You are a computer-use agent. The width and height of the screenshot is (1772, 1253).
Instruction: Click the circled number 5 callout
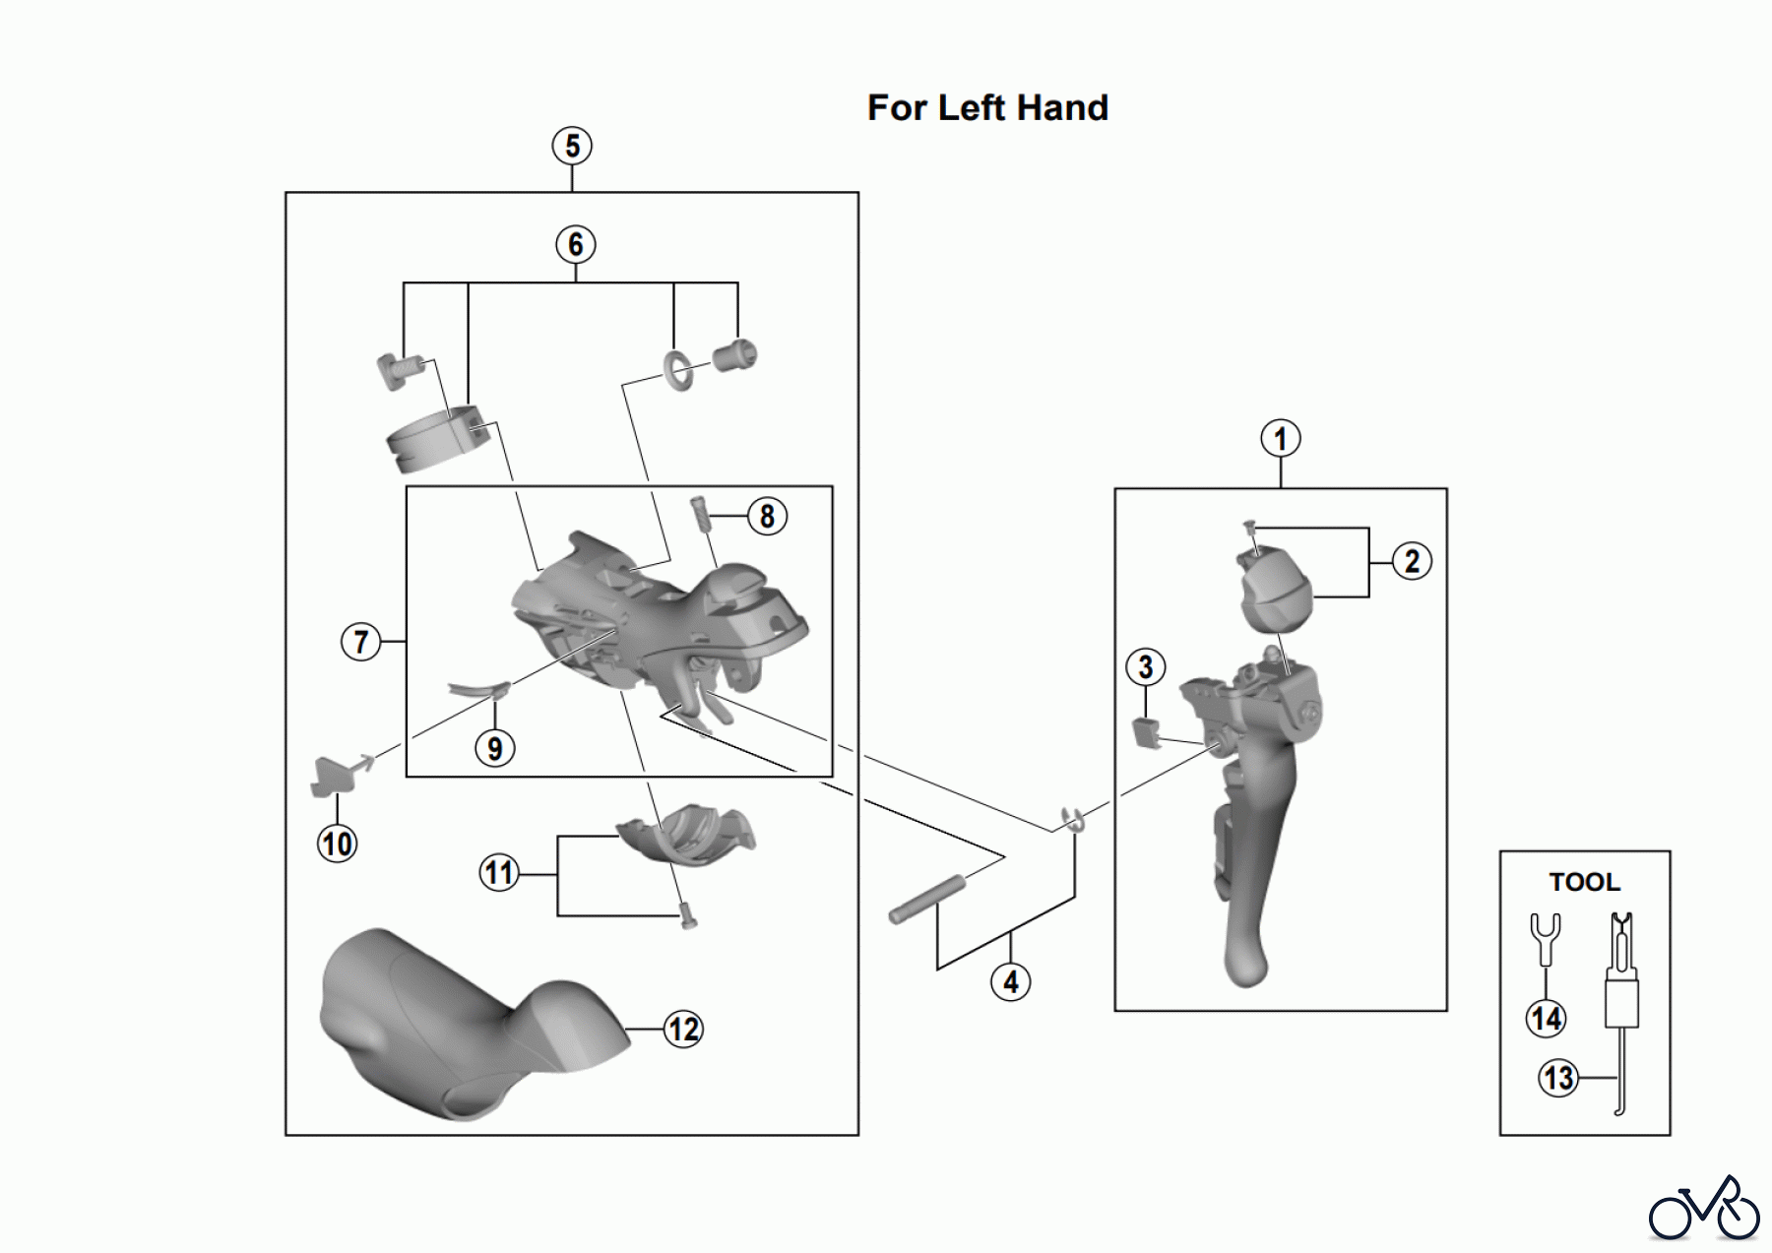[572, 147]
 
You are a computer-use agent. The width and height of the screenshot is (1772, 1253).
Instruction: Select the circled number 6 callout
[576, 244]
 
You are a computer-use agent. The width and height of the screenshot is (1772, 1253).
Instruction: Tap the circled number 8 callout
[767, 516]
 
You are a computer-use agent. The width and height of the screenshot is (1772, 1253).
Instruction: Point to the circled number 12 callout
[683, 1030]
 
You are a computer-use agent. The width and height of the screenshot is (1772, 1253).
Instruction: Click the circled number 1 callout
[1280, 439]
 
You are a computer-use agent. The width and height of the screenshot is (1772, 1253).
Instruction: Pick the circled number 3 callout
[1145, 667]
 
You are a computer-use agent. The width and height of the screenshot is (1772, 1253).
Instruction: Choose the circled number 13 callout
[1558, 1078]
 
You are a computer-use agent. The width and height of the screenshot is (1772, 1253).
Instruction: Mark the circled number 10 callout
[337, 844]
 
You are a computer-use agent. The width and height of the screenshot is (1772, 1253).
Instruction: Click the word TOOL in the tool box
[1584, 882]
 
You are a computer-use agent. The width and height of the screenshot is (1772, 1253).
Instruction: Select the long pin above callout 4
[931, 900]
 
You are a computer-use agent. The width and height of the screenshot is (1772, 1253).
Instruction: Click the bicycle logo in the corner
[1703, 1208]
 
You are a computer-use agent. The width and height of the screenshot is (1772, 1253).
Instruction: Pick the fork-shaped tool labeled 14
[1545, 940]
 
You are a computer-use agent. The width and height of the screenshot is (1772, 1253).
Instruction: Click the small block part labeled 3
[1145, 731]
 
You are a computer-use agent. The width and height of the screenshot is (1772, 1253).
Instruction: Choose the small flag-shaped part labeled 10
[331, 775]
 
